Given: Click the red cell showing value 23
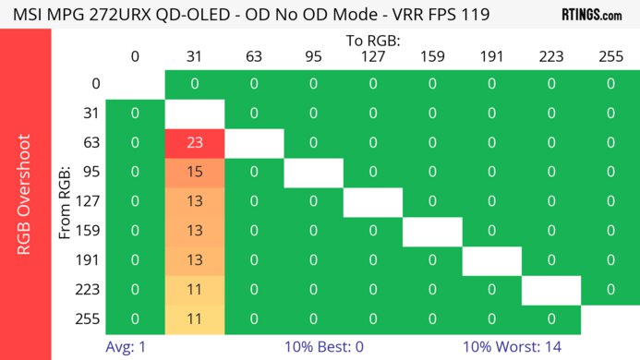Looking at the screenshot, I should click(194, 143).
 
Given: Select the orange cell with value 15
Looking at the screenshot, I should click(194, 173).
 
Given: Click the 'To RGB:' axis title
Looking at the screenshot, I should click(372, 42).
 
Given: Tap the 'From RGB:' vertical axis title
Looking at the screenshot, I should click(66, 202).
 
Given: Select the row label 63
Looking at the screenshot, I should click(89, 143).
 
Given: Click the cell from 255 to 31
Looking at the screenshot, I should click(194, 319).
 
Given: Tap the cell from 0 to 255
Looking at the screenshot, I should click(610, 84).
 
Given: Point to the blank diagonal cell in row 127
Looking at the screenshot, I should click(372, 201).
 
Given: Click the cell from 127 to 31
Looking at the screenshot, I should click(194, 201).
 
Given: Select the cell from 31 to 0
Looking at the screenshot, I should click(135, 114).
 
